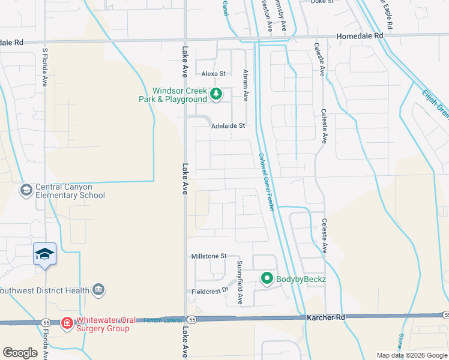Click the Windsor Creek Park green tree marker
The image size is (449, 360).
click(216, 94)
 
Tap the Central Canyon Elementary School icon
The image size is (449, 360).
click(26, 190)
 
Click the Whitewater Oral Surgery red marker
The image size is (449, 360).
click(67, 323)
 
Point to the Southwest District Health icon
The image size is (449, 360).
click(100, 290)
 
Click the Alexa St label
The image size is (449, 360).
click(213, 74)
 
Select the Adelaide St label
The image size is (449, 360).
click(228, 126)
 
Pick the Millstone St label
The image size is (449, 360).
click(208, 256)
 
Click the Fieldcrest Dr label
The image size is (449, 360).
click(210, 290)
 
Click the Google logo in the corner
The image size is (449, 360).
click(20, 353)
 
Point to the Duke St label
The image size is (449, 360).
click(322, 2)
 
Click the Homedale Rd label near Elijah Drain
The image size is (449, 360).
click(360, 36)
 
